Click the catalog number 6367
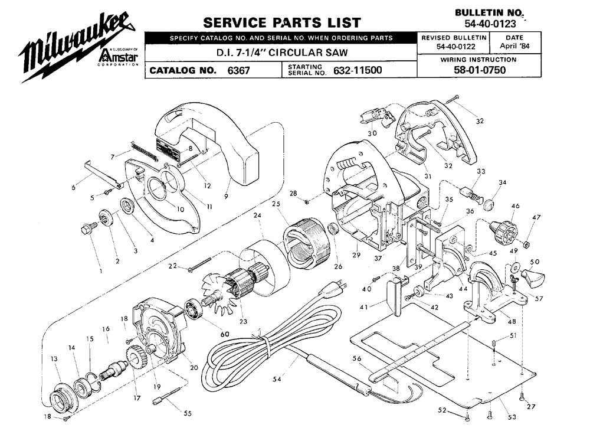tap(238, 70)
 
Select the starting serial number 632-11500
tap(358, 70)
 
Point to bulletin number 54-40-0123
tap(490, 24)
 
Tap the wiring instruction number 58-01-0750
tap(480, 70)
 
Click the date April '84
tap(514, 46)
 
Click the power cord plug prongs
tap(341, 283)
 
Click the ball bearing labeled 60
tap(195, 309)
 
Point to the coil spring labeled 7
tap(146, 149)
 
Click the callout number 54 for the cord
tap(277, 380)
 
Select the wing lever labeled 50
tap(533, 278)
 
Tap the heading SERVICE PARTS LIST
tap(282, 22)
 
